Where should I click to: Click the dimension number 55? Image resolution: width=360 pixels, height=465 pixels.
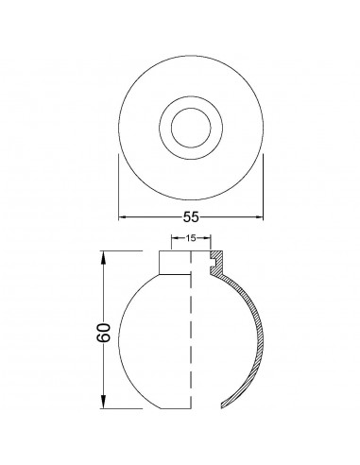pyautogui.click(x=191, y=216)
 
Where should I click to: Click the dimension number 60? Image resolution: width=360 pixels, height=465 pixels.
pyautogui.click(x=104, y=333)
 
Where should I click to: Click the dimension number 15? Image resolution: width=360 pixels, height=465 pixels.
pyautogui.click(x=191, y=238)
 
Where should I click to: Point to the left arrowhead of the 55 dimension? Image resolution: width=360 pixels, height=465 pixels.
pyautogui.click(x=123, y=216)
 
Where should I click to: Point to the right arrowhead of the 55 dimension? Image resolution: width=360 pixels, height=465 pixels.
pyautogui.click(x=259, y=216)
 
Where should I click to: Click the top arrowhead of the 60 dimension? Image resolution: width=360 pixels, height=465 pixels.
pyautogui.click(x=103, y=257)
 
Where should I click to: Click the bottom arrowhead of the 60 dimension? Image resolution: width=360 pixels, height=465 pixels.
pyautogui.click(x=103, y=403)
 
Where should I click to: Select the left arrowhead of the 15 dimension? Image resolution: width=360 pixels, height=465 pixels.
pyautogui.click(x=174, y=238)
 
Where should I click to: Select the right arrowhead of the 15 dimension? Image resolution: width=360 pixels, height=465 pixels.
pyautogui.click(x=208, y=238)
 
